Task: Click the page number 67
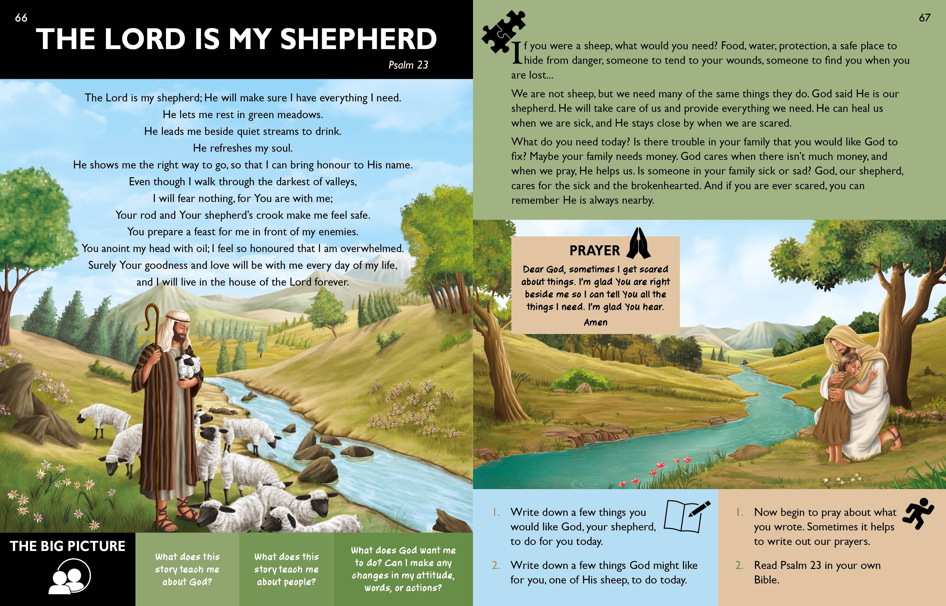(x=924, y=18)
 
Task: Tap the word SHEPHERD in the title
(x=358, y=39)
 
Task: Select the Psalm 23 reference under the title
(x=408, y=65)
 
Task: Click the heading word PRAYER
(x=594, y=251)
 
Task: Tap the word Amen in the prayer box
(x=595, y=322)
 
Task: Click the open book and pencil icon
(x=686, y=515)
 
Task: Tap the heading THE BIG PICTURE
(x=68, y=546)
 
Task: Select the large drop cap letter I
(x=517, y=53)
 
